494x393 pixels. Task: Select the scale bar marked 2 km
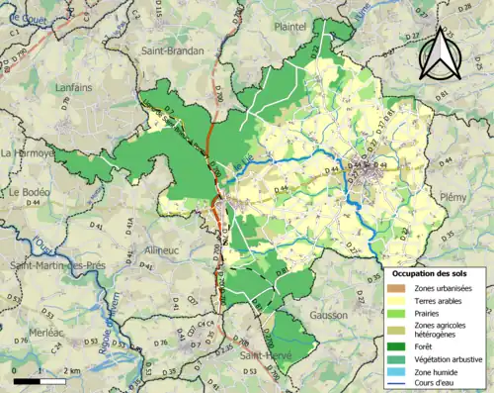tap(41, 379)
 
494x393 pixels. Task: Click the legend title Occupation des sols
tap(434, 272)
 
